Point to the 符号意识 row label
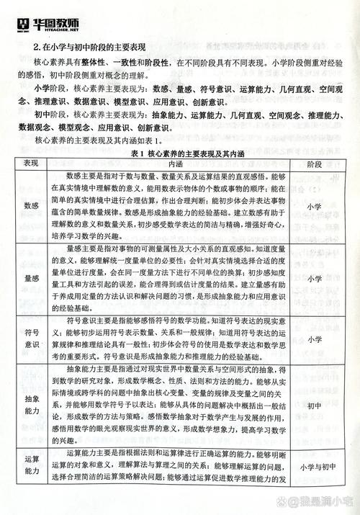[31, 338]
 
